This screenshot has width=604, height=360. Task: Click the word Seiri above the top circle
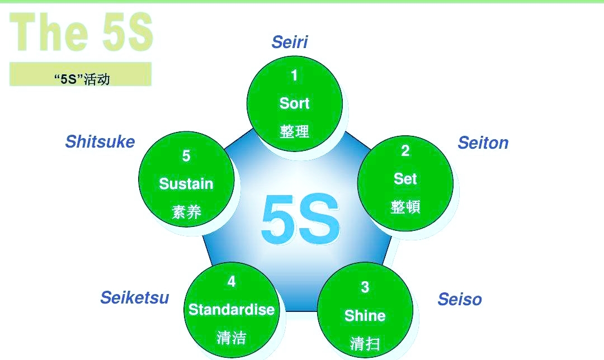pos(290,42)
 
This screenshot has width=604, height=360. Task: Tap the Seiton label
pos(483,143)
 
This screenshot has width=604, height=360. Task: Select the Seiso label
pos(459,300)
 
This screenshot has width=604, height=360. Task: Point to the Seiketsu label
pos(134,298)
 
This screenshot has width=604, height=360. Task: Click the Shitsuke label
pos(100,142)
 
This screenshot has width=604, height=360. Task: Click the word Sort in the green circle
pos(294,103)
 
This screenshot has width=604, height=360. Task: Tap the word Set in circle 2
pos(405,179)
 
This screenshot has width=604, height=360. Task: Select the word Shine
pos(365,316)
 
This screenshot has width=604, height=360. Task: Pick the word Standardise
pos(231,310)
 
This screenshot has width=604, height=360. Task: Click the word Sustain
pos(186,184)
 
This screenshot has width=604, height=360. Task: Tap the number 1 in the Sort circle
pos(294,75)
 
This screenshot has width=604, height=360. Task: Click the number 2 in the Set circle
pos(405,151)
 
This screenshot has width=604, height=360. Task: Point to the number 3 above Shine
pos(365,287)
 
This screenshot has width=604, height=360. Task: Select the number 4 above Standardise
pos(231,282)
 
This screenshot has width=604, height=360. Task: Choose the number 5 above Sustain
pos(186,156)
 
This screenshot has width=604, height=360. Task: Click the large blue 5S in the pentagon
pos(300,220)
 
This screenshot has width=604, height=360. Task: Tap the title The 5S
pos(81,32)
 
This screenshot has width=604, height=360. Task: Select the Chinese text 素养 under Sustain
pos(186,212)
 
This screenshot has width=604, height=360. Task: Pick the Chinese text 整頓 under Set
pos(405,207)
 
